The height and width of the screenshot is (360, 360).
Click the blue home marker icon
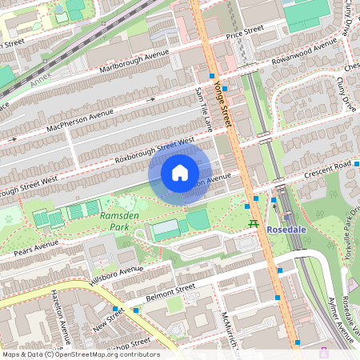point(180,172)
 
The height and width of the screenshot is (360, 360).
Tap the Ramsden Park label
point(114,221)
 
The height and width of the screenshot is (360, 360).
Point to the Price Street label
point(245,33)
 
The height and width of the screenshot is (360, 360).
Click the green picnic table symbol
point(254,225)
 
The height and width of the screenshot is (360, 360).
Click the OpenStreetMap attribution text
point(80,354)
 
